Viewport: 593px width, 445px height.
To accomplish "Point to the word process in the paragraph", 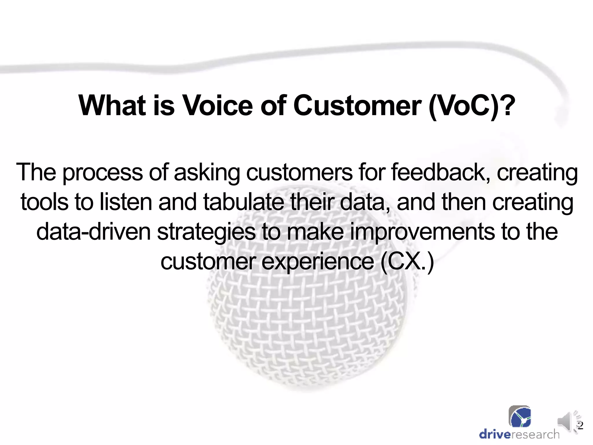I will (x=103, y=173).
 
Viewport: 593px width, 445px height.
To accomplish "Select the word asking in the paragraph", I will (x=207, y=173).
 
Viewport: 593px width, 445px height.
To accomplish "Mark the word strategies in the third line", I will (x=206, y=233).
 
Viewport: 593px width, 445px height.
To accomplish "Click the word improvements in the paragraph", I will (x=422, y=233).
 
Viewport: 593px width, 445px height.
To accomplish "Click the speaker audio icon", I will (x=566, y=422).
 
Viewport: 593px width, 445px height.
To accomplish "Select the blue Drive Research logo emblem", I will (x=520, y=417).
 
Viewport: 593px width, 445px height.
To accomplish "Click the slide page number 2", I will (x=580, y=425).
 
